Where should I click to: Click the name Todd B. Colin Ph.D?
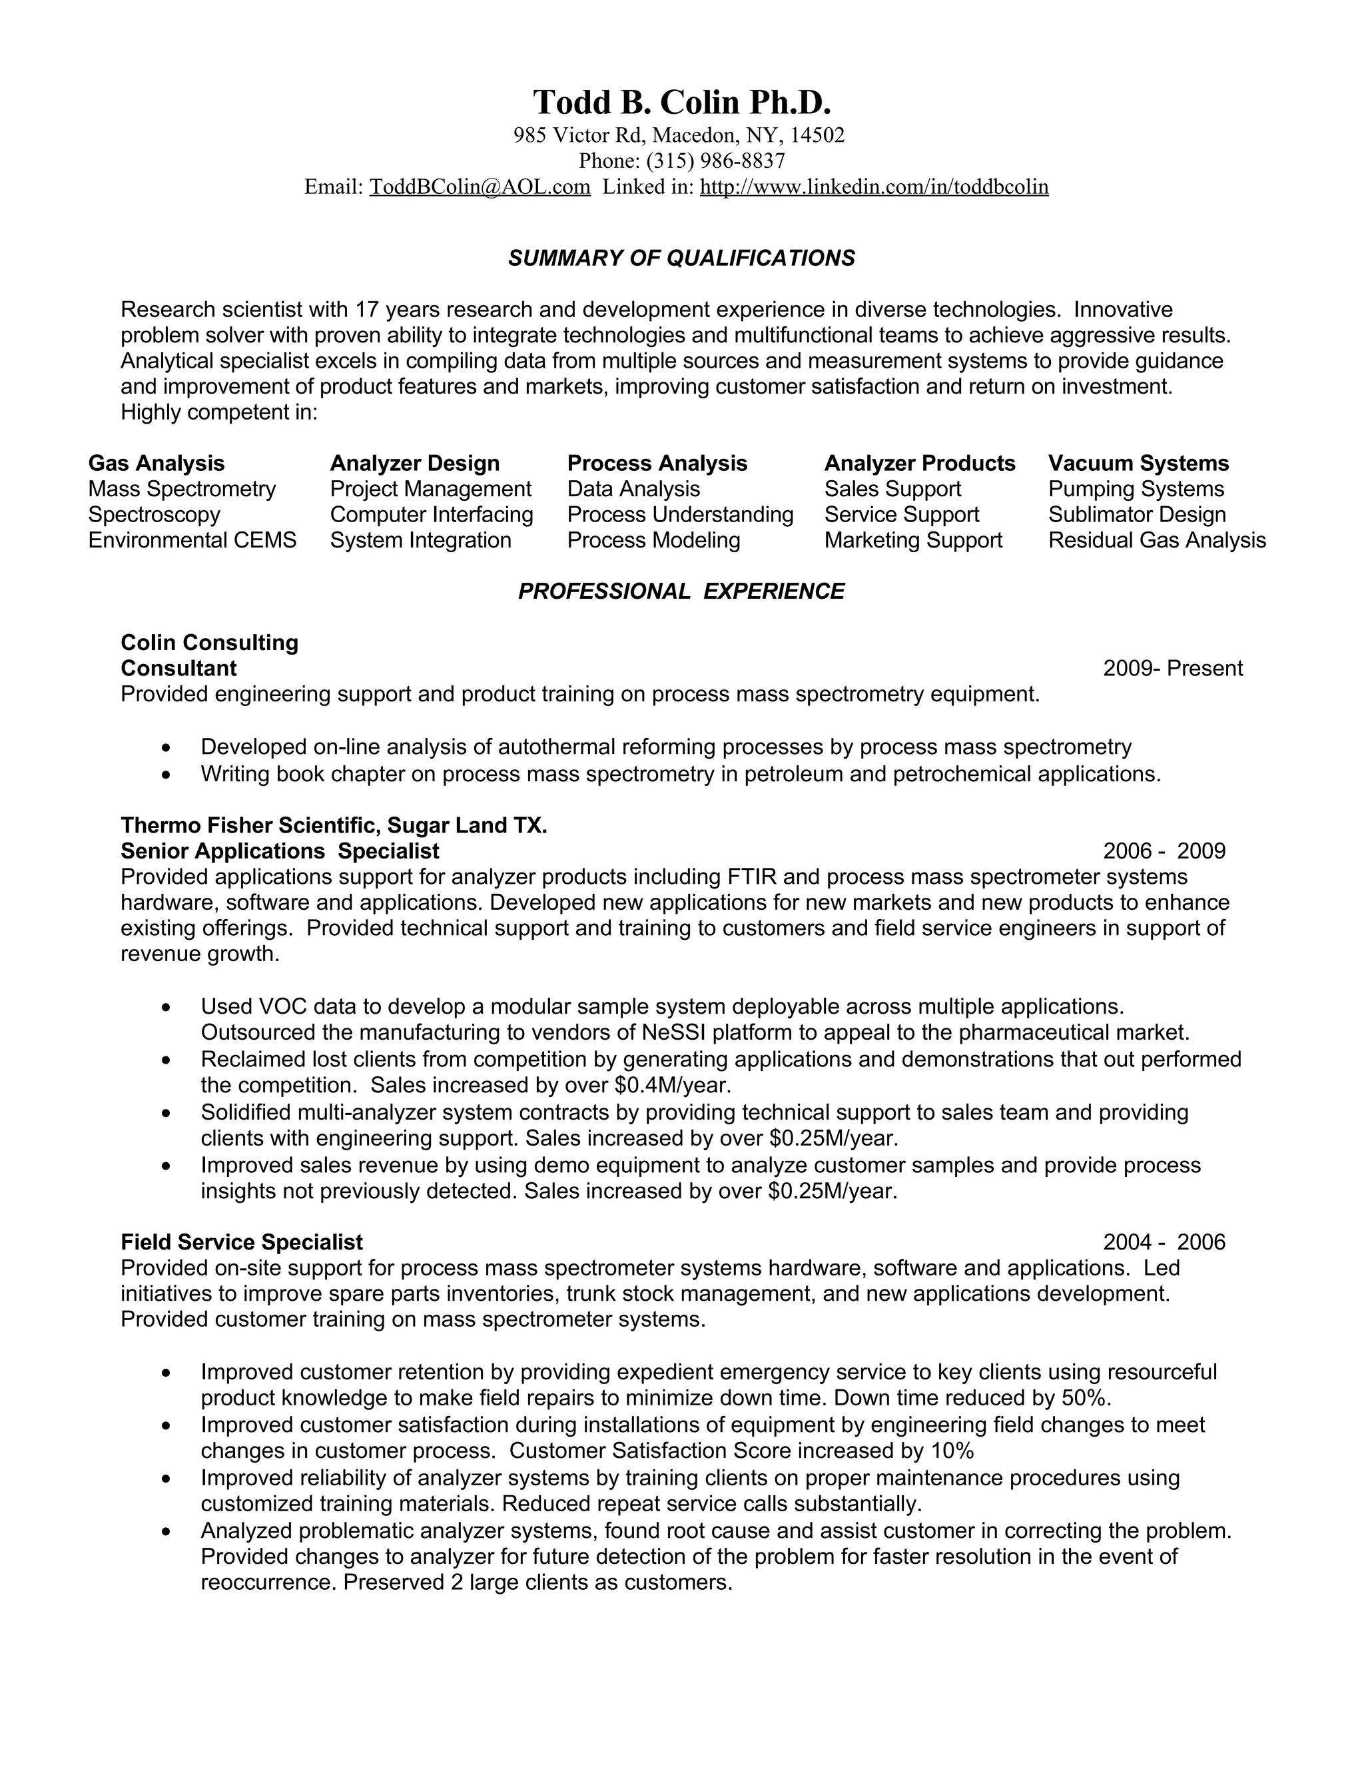[681, 103]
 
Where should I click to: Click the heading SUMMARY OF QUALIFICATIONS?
[681, 258]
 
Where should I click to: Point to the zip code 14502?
[817, 135]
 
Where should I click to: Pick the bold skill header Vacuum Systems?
[1138, 463]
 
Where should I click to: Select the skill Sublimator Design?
[1136, 515]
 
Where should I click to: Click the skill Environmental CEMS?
[192, 540]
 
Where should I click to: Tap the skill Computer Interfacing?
[432, 515]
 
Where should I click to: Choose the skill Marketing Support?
[913, 540]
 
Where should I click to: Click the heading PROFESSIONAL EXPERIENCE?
[681, 591]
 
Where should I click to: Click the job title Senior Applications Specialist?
[280, 851]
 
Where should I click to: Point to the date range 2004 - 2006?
[1164, 1242]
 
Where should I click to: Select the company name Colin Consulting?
[209, 643]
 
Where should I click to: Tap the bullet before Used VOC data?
[166, 1008]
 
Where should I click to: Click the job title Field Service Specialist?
[242, 1242]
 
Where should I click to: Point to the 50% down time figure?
[1085, 1397]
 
